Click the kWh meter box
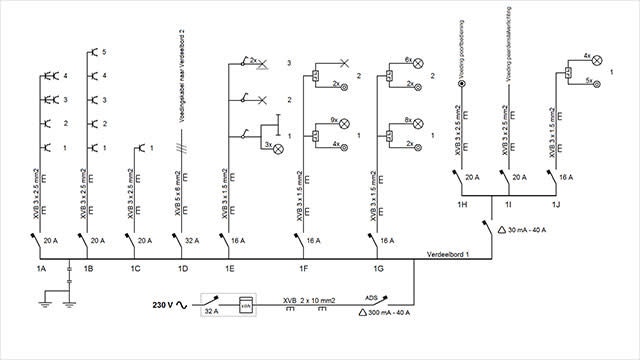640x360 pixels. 245,304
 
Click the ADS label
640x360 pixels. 370,296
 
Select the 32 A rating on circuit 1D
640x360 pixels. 193,241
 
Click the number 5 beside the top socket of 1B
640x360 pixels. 104,51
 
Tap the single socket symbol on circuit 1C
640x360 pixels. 138,149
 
